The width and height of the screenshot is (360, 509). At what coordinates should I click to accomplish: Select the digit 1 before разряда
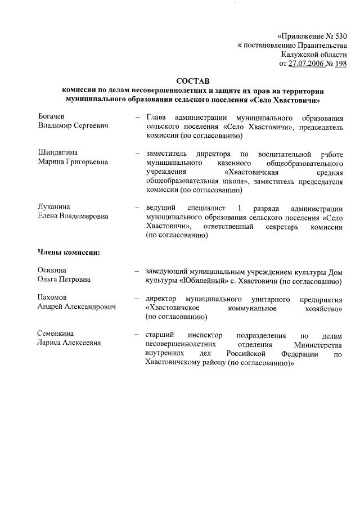coord(240,208)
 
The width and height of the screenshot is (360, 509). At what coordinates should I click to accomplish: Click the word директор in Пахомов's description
coord(161,298)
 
